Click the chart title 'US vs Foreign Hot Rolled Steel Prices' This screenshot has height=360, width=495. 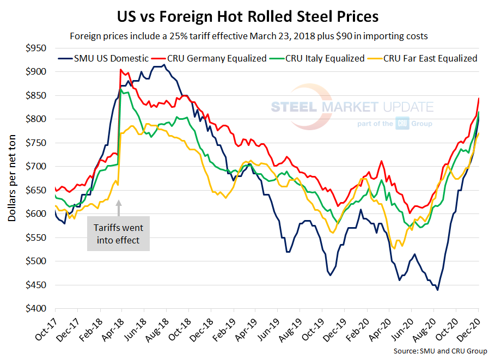(x=248, y=16)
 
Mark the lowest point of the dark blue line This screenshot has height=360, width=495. (x=438, y=290)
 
